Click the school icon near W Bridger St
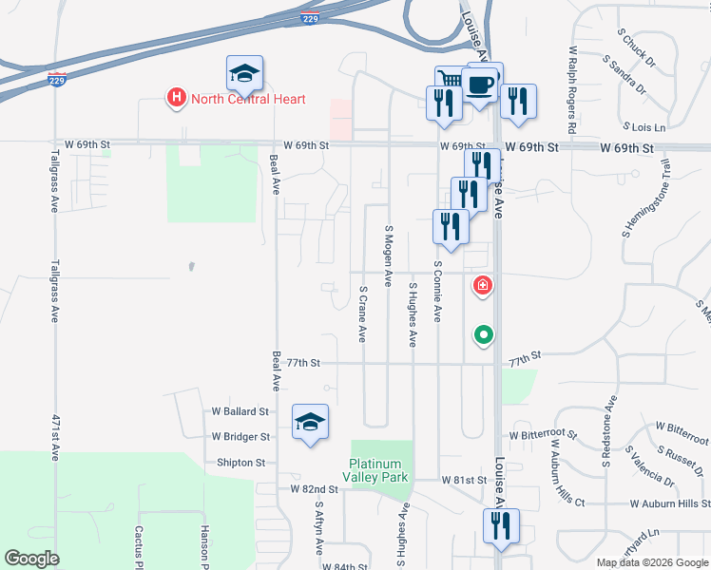(x=309, y=421)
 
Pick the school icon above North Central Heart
(x=244, y=73)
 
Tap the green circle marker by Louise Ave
(x=484, y=334)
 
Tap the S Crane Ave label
(x=362, y=312)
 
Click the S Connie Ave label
(x=437, y=292)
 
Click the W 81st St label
(x=464, y=481)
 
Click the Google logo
(x=32, y=559)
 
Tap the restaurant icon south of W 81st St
(x=500, y=526)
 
